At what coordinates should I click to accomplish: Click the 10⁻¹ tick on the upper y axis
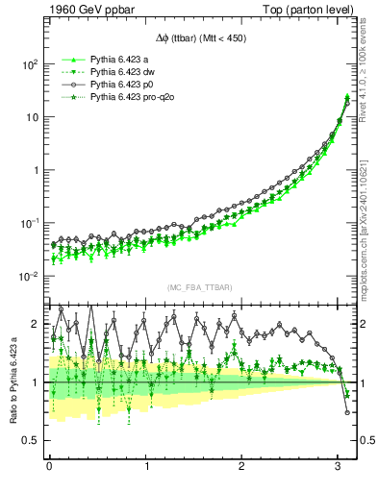pos(27,223)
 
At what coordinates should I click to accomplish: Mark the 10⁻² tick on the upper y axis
pos(27,276)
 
